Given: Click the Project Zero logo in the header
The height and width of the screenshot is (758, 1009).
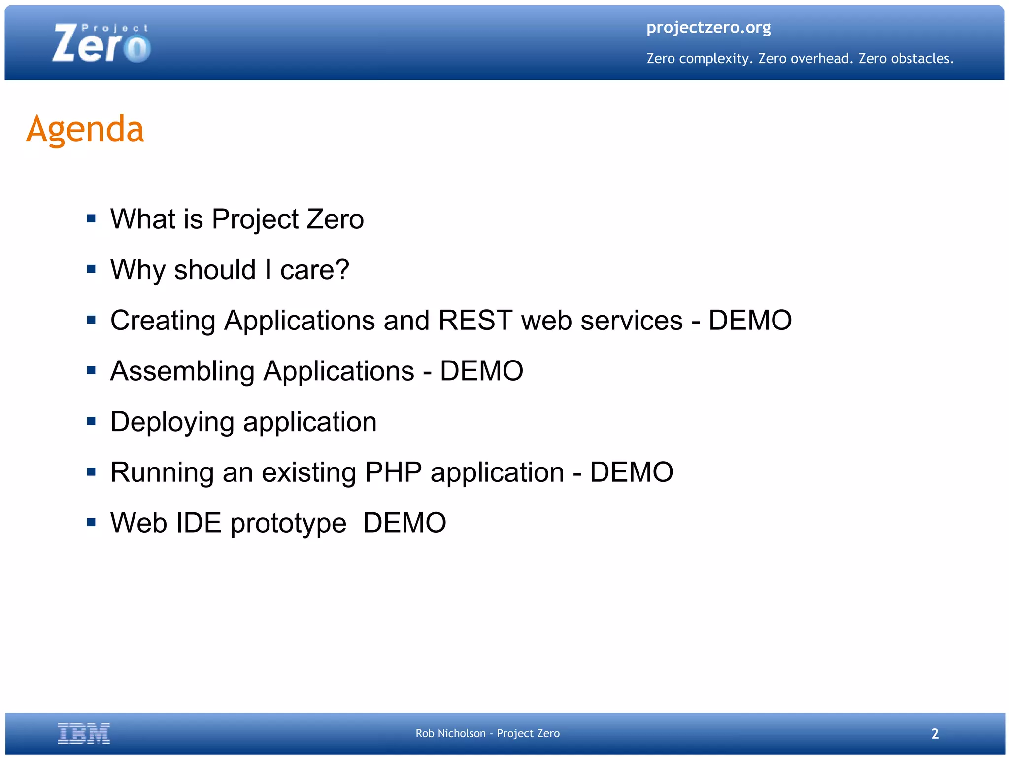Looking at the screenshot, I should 101,44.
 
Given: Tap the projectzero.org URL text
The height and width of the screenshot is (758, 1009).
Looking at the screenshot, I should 708,28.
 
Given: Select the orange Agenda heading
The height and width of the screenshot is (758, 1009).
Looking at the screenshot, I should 85,129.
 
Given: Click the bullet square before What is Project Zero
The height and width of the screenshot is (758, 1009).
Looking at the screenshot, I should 91,218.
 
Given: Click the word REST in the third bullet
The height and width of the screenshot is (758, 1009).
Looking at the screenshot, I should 475,321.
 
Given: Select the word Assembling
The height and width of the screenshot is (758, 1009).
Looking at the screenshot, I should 182,371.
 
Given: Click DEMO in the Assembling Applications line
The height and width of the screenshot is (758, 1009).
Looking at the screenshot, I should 481,371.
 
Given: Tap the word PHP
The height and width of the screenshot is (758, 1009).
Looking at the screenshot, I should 393,472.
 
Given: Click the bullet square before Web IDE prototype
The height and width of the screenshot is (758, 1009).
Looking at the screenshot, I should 91,522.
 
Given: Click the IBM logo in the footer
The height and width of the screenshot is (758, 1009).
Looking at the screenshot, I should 84,733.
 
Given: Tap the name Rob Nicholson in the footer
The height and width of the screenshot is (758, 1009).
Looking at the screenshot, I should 450,733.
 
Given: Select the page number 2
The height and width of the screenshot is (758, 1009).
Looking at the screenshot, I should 935,734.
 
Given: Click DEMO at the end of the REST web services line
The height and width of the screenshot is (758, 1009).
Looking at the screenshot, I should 750,321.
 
